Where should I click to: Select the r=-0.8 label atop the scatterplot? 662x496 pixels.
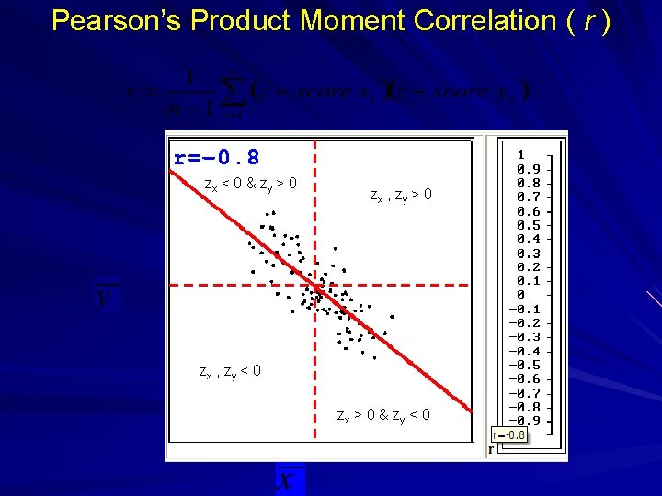[x=217, y=157]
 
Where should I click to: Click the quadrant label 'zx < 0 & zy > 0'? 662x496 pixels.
[x=250, y=185]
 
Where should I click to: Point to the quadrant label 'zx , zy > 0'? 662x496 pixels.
[x=400, y=195]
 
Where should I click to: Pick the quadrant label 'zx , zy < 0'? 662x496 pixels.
[x=231, y=372]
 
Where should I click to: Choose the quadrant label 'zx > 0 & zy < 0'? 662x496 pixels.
[x=383, y=417]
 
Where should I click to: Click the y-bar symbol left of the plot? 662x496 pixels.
[x=108, y=299]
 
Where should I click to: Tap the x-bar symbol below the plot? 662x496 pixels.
[x=288, y=480]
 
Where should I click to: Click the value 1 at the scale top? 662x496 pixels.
[x=521, y=155]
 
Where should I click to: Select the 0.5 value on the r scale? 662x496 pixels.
[x=527, y=225]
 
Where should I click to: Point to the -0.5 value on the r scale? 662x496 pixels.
[x=524, y=365]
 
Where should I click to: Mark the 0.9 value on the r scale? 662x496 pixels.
[x=527, y=169]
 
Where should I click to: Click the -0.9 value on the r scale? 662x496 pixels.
[x=524, y=421]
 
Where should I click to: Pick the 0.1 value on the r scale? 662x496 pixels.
[x=527, y=281]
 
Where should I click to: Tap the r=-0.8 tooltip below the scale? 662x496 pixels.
[x=509, y=434]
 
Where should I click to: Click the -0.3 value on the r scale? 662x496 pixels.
[x=524, y=337]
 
